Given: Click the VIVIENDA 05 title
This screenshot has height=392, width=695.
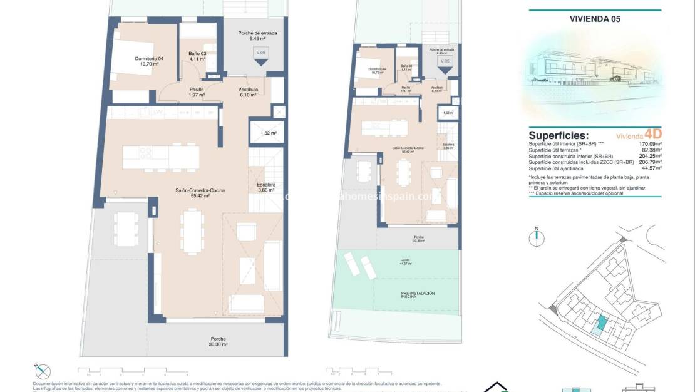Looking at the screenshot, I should [595, 19].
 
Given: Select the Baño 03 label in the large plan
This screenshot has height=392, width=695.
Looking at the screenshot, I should [197, 56].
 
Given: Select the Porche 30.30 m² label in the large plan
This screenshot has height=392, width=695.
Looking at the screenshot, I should [219, 341].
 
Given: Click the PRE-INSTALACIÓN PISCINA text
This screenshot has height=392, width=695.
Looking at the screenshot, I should [418, 295].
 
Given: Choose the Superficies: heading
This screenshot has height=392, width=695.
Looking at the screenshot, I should [559, 135].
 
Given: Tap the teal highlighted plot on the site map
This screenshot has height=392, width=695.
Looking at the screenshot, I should [601, 324].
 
